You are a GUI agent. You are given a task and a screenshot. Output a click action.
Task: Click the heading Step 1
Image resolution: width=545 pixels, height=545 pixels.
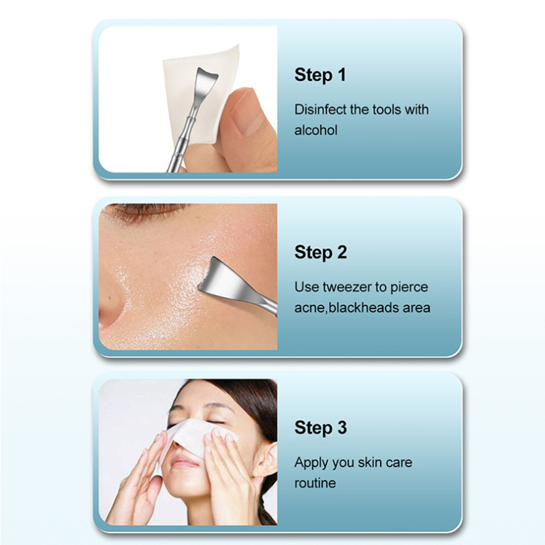320,75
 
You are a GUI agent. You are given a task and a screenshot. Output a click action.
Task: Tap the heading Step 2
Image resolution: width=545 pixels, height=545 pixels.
320,252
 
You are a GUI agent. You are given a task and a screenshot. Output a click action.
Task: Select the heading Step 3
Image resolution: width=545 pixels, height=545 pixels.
320,428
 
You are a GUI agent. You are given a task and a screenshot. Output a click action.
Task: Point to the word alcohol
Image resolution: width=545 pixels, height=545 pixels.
316,130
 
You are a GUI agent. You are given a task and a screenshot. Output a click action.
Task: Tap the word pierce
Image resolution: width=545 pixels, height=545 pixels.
409,287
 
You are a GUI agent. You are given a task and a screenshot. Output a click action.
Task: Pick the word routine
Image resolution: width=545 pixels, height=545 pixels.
315,483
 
